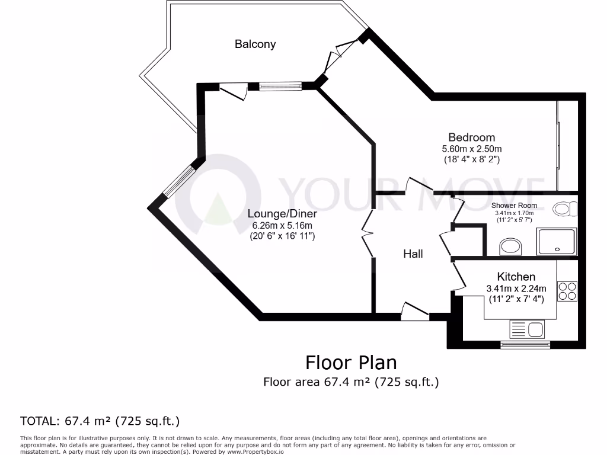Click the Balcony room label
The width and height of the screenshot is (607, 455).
pos(255,44)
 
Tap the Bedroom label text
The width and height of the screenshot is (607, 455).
pos(471,137)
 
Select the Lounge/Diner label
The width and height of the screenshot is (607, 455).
pos(282,214)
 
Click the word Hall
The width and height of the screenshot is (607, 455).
pos(413,254)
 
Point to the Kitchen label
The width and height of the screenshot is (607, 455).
pos(516,277)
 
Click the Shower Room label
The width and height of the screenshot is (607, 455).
pos(515,206)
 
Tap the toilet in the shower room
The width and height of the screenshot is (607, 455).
pos(565,209)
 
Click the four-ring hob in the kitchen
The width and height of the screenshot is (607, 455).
pos(567,290)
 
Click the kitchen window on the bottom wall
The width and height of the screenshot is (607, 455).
pos(525,344)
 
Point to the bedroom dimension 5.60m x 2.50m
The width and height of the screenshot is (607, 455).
pos(471,149)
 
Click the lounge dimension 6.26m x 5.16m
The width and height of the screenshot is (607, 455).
pos(282,225)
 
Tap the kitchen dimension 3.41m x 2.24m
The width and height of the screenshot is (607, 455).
pos(516,289)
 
